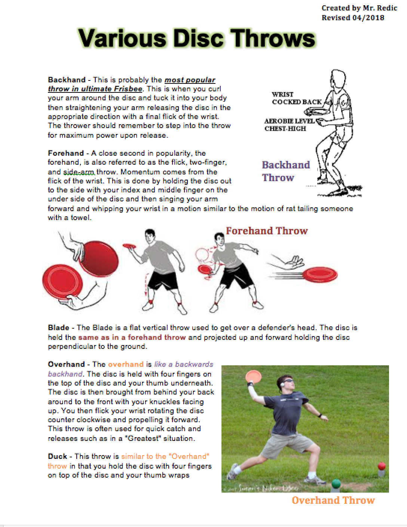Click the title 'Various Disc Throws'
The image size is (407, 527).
point(197,39)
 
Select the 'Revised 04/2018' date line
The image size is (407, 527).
point(352,18)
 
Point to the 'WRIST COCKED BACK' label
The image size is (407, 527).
point(296,98)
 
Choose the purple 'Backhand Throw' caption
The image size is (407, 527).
point(286,171)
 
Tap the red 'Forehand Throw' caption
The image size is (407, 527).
point(266,231)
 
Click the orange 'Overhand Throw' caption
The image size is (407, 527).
point(333,500)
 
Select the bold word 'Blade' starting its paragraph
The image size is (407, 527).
point(58,328)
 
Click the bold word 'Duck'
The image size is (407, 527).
point(57,456)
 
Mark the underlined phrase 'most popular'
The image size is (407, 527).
point(190,80)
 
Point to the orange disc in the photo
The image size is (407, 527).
point(255,376)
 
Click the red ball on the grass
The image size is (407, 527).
point(381,466)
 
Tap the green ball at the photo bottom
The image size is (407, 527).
point(336,483)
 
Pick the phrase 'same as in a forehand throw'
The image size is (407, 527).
point(132,337)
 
